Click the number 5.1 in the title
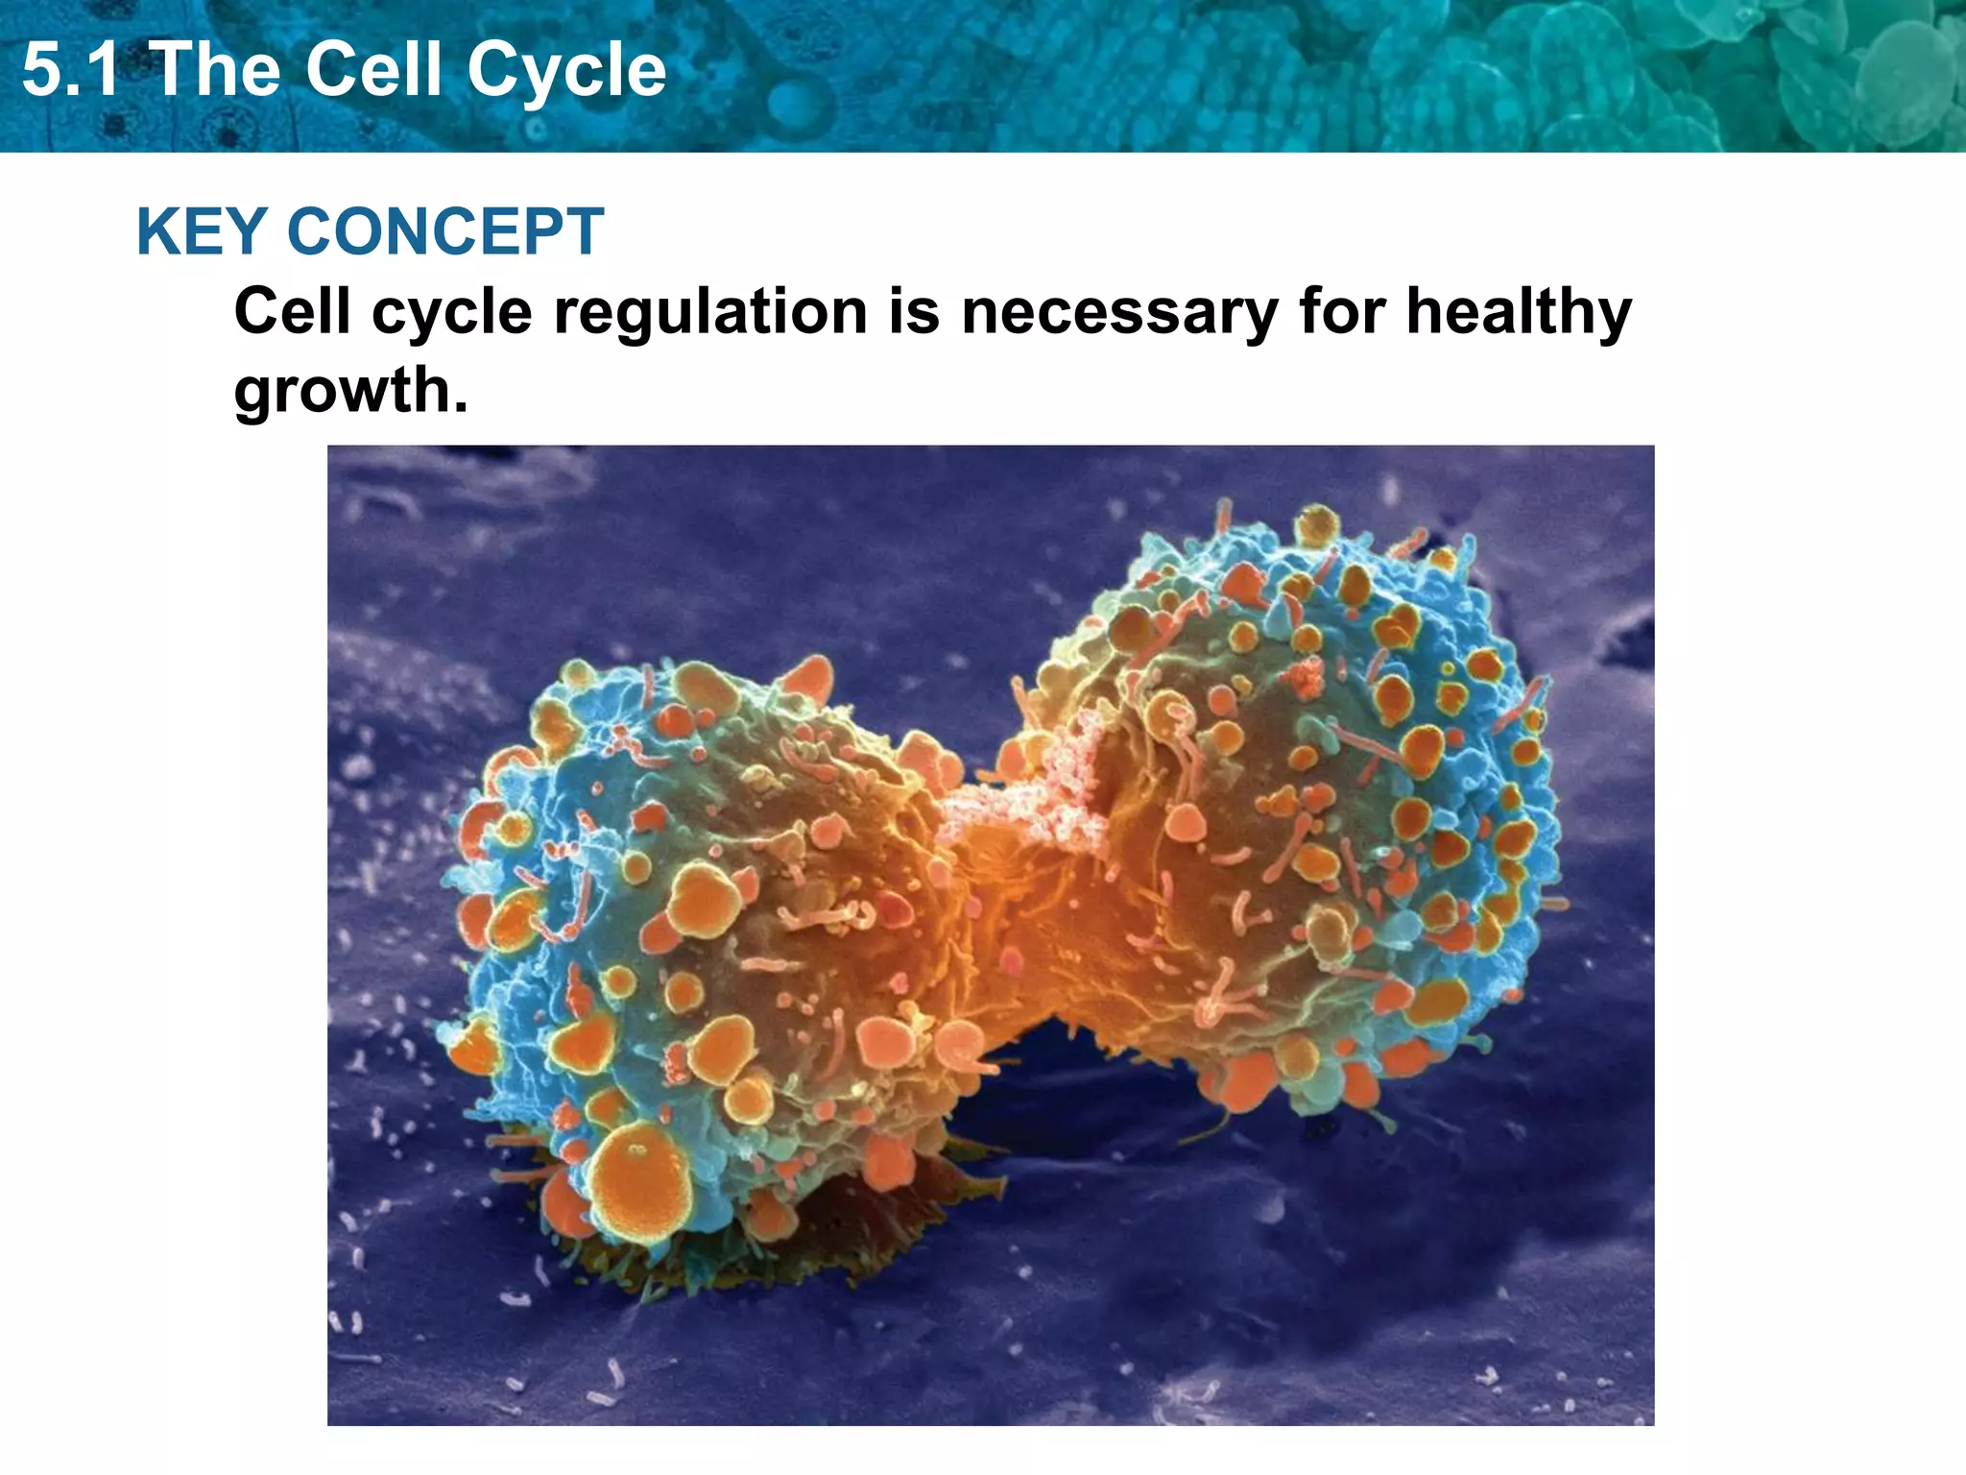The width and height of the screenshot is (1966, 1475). tap(71, 70)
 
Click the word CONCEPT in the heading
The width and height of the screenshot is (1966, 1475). tap(445, 232)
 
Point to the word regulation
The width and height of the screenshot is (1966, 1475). tap(711, 312)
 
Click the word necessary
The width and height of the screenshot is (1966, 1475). tap(1119, 312)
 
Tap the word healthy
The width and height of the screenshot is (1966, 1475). tap(1519, 312)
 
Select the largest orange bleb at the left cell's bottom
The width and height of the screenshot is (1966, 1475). tap(638, 1176)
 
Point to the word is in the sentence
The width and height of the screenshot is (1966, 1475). tap(913, 312)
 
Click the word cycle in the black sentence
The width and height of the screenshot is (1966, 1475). tap(451, 312)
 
